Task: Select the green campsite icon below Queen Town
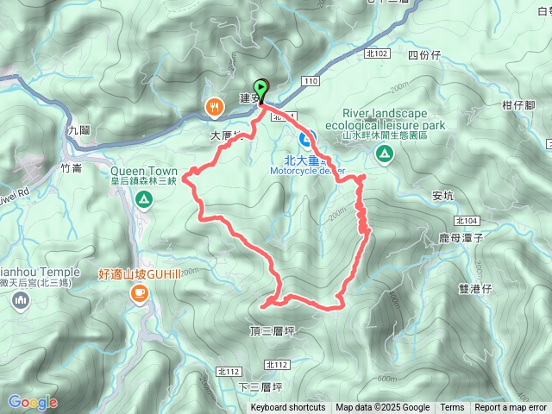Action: (143, 201)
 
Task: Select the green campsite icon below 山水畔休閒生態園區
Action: (384, 154)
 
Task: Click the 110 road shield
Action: (310, 80)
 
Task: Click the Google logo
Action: (32, 402)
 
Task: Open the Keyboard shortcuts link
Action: (288, 408)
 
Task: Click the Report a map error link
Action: (511, 408)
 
